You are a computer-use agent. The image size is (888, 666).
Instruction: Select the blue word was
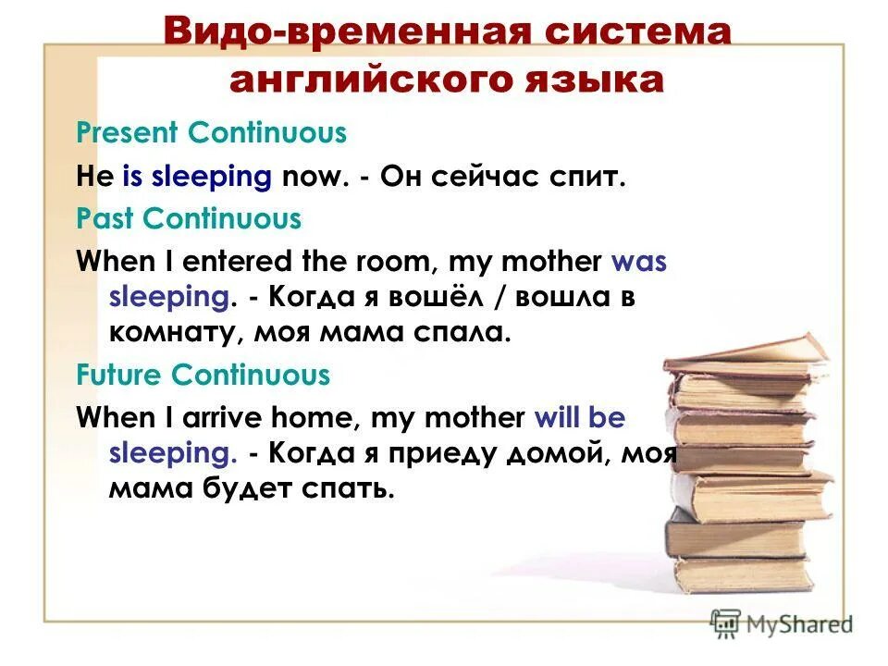click(x=638, y=262)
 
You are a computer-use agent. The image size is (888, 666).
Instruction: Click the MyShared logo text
click(x=799, y=624)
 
